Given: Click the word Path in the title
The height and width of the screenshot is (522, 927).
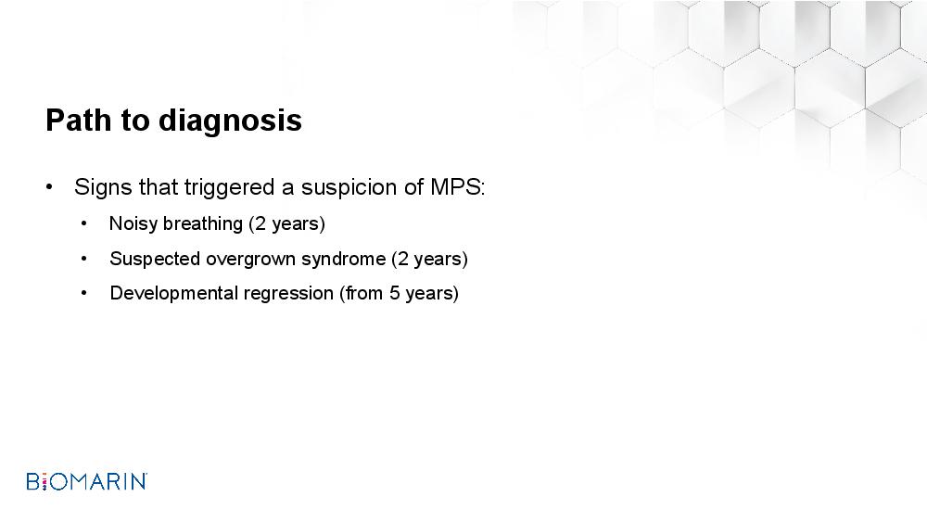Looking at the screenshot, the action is tap(79, 120).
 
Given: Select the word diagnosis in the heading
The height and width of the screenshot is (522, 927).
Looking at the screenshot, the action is tap(230, 121).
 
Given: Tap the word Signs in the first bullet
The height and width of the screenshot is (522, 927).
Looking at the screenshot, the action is tap(104, 188).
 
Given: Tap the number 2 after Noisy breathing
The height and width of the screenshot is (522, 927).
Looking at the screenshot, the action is tap(260, 223).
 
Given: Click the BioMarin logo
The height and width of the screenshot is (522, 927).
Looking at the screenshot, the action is tap(87, 481).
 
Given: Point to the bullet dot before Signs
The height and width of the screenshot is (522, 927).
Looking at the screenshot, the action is tap(49, 188).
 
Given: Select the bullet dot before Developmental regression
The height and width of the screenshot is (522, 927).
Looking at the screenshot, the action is tap(84, 293).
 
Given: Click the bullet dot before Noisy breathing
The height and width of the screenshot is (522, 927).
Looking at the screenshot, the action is tap(84, 223).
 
